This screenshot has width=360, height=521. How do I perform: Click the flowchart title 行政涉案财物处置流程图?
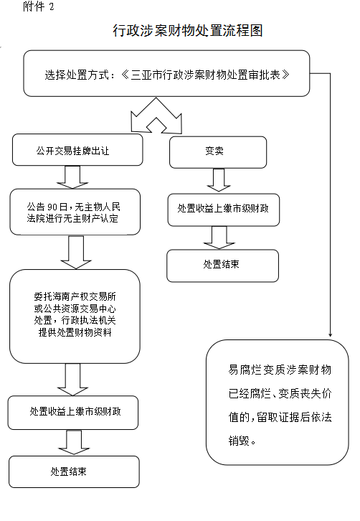pyautogui.click(x=188, y=31)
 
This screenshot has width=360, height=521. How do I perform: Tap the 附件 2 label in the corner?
pyautogui.click(x=39, y=6)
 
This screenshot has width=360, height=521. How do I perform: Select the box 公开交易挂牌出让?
pyautogui.click(x=77, y=150)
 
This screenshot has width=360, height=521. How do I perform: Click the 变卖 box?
pyautogui.click(x=218, y=152)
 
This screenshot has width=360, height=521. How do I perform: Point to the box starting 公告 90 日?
pyautogui.click(x=75, y=212)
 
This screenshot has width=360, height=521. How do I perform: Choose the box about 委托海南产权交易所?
pyautogui.click(x=75, y=316)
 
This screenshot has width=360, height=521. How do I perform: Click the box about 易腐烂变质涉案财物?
pyautogui.click(x=278, y=402)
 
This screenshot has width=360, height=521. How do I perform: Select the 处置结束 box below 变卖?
pyautogui.click(x=222, y=266)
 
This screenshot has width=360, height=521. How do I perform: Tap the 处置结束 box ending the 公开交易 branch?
pyautogui.click(x=74, y=471)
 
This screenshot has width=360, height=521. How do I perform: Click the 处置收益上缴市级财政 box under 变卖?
pyautogui.click(x=224, y=210)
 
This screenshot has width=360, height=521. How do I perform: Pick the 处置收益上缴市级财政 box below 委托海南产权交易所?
pyautogui.click(x=73, y=413)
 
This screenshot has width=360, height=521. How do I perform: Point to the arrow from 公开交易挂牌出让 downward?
pyautogui.click(x=72, y=177)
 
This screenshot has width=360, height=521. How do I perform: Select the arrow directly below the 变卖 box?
pyautogui.click(x=218, y=180)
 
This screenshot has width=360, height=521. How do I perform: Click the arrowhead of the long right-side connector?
pyautogui.click(x=330, y=334)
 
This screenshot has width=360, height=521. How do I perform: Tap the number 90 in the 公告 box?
pyautogui.click(x=52, y=207)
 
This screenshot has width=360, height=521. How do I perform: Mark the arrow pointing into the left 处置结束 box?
pyautogui.click(x=74, y=443)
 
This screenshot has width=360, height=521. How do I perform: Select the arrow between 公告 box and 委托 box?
pyautogui.click(x=76, y=253)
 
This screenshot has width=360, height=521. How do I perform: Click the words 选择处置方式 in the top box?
pyautogui.click(x=77, y=75)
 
